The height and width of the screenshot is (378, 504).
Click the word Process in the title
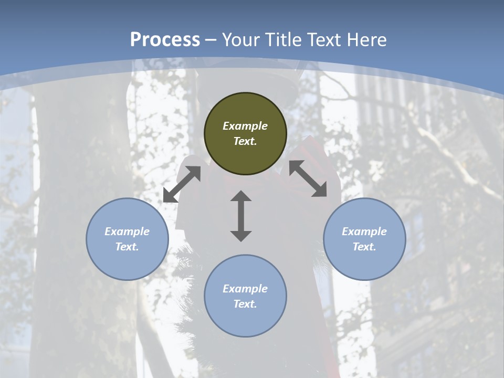tap(165, 40)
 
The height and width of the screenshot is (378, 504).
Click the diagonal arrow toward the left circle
tap(182, 184)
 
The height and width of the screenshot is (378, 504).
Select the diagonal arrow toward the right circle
tap(308, 179)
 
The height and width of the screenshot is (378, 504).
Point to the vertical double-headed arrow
tap(241, 216)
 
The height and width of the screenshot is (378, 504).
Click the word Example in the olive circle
tap(245, 126)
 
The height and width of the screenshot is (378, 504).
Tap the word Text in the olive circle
tap(245, 141)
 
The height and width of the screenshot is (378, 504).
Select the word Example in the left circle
tap(127, 232)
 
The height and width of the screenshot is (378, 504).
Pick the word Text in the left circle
tap(127, 247)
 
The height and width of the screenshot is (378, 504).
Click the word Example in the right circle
tap(364, 232)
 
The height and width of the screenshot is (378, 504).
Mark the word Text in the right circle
tap(364, 247)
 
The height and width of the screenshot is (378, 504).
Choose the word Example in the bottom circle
tap(245, 289)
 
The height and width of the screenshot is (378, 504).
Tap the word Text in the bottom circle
tap(245, 304)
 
